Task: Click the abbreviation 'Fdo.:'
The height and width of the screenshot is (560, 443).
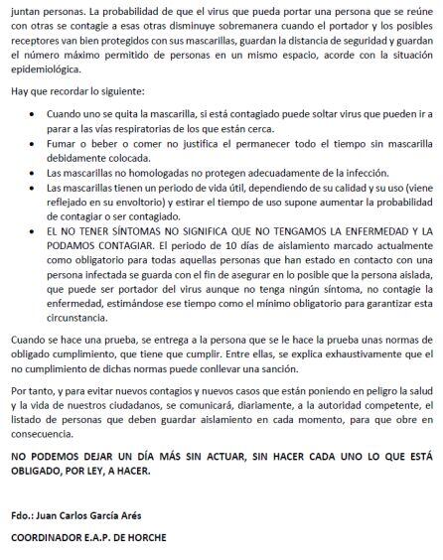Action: point(23,516)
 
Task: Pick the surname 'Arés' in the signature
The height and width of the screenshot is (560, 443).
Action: point(158,516)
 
